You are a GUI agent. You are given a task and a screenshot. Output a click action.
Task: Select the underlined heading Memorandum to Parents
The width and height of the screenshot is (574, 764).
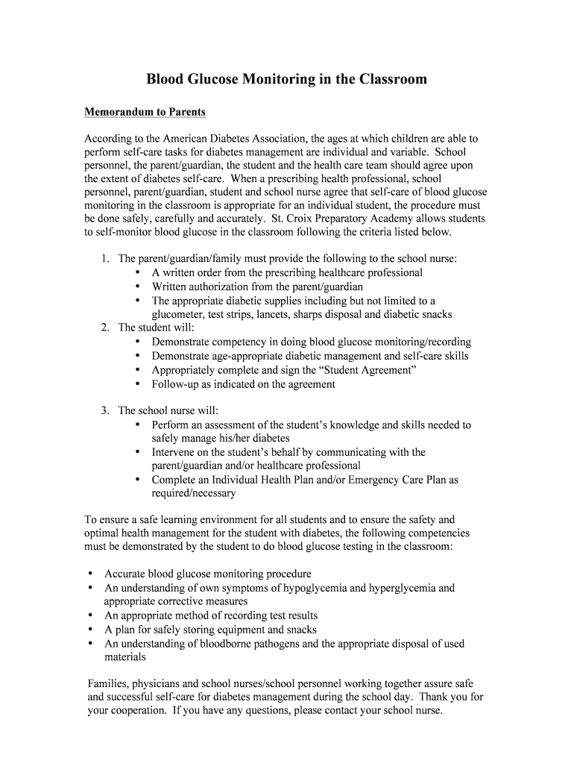click(x=145, y=112)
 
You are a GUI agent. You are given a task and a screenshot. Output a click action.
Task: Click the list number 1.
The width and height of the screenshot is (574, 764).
click(x=105, y=259)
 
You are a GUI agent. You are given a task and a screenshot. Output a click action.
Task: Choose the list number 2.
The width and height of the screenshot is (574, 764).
click(x=105, y=328)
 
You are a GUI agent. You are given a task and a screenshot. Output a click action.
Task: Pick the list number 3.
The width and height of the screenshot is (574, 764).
click(x=105, y=410)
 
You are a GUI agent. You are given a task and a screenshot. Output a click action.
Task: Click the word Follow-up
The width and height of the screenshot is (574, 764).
click(x=176, y=384)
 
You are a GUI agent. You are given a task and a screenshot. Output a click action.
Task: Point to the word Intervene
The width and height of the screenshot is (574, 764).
click(x=176, y=452)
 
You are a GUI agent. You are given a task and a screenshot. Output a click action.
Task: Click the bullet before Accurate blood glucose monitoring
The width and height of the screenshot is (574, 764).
click(x=90, y=574)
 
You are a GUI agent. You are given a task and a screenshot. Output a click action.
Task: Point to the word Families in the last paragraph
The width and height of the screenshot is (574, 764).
click(x=110, y=683)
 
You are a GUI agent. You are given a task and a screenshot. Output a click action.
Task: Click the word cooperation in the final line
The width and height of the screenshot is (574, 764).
click(x=138, y=710)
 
